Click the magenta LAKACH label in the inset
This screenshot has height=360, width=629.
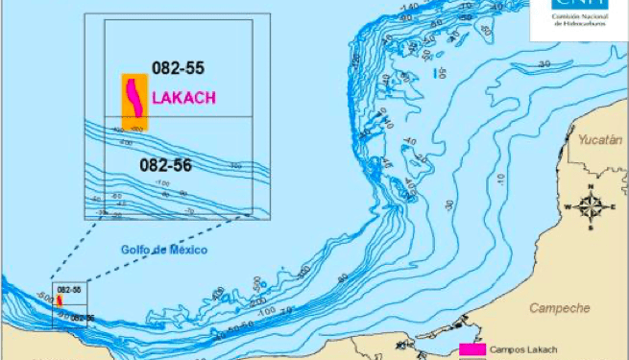click(183, 97)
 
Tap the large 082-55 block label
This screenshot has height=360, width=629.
click(178, 68)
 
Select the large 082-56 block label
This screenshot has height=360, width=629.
click(165, 165)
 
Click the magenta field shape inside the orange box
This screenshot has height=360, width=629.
click(136, 101)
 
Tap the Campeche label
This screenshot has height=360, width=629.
click(559, 308)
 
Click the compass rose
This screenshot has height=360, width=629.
click(590, 205)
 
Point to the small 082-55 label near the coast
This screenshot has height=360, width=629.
click(68, 289)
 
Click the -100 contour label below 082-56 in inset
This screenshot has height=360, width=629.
click(162, 182)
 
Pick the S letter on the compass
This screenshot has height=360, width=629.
click(590, 227)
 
